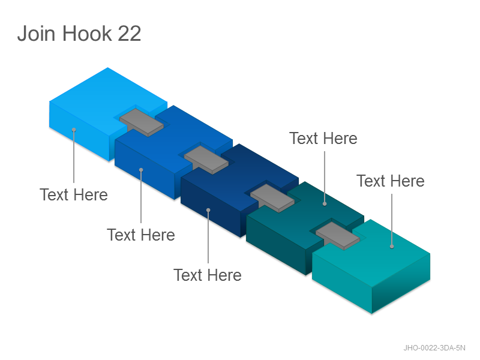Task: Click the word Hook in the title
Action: pos(87,33)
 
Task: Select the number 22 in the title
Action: pos(129,33)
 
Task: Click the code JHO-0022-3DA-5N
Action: pos(434,348)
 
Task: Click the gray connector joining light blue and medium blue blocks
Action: pos(142,122)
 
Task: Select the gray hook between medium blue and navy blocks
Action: pos(206,160)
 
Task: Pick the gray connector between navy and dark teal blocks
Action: pos(272,198)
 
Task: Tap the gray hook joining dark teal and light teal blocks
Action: pos(338,236)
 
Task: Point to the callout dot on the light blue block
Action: pos(74,130)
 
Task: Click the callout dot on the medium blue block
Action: pos(141,170)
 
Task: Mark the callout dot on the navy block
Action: pos(208,210)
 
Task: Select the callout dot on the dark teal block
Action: pos(325,203)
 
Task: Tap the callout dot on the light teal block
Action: pos(392,247)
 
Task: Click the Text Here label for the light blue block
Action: pos(74,194)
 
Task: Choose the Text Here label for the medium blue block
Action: pos(141,235)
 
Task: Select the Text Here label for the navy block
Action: pos(208,275)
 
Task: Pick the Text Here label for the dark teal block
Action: pos(323,139)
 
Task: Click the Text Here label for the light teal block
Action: pos(391,181)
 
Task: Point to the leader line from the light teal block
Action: pos(392,220)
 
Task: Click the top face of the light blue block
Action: pos(101,98)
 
